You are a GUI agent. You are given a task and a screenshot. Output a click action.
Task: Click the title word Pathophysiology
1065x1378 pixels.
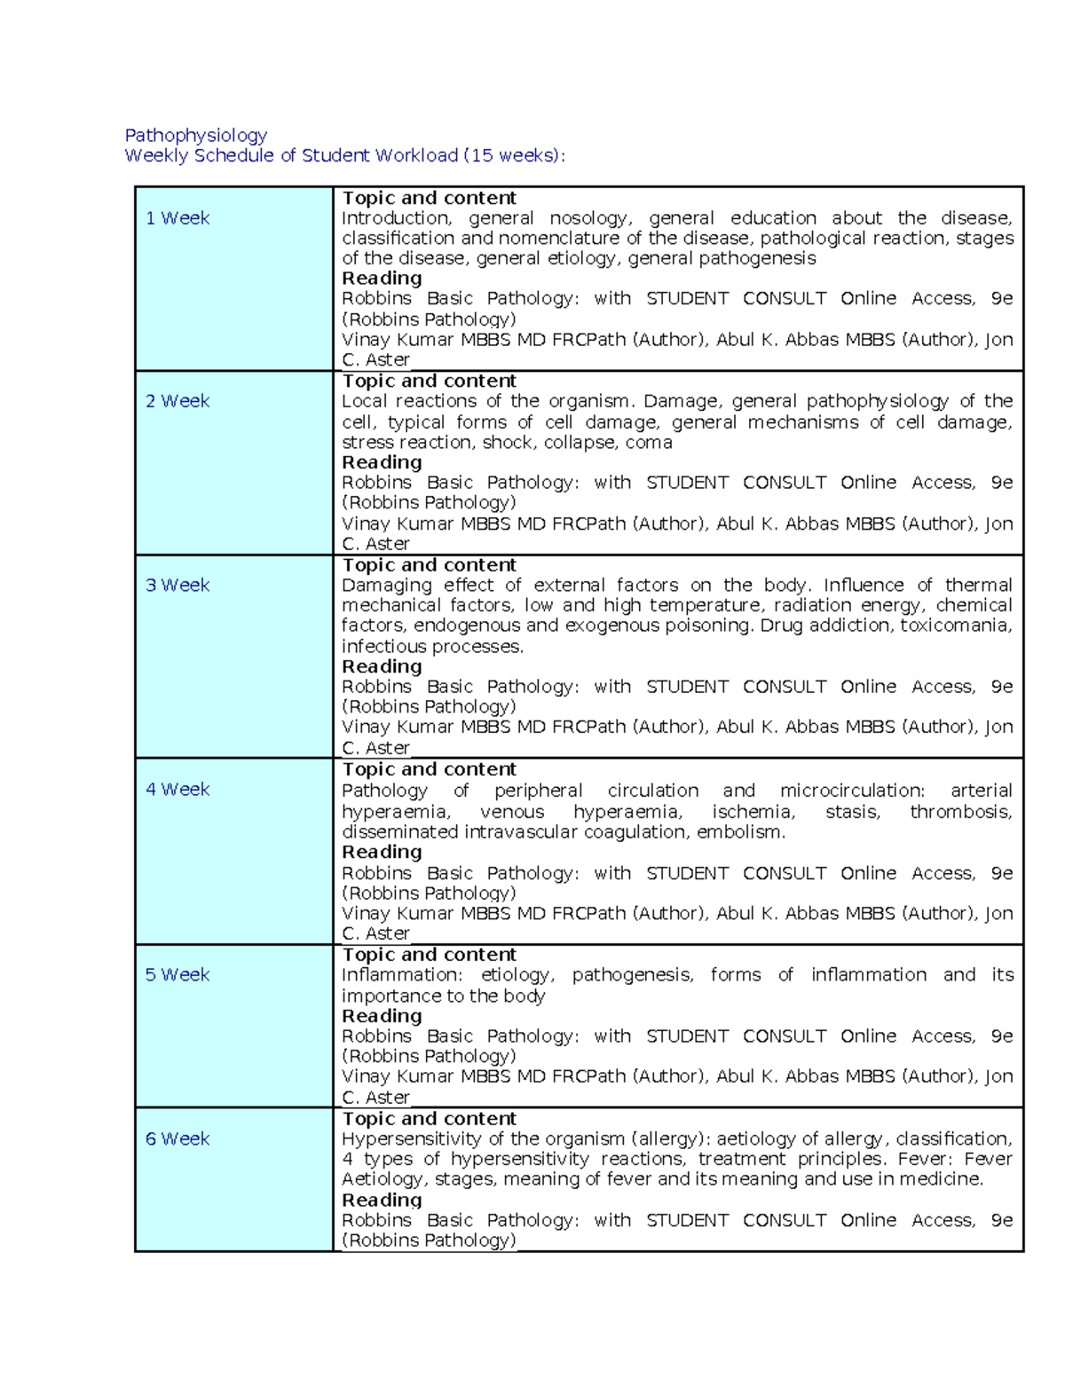point(195,135)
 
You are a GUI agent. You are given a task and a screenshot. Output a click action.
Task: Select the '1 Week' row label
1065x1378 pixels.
point(177,218)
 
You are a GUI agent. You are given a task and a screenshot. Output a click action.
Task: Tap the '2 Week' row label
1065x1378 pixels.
point(177,401)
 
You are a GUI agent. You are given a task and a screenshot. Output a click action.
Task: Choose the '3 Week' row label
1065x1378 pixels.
point(177,585)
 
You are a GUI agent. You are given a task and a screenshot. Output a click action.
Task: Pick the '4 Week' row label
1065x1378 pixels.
point(177,789)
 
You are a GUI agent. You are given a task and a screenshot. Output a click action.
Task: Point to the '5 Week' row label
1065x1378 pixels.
point(177,974)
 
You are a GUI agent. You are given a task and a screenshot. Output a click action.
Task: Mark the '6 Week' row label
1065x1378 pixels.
point(177,1138)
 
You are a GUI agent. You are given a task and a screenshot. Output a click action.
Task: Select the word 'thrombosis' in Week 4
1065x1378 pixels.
point(960,811)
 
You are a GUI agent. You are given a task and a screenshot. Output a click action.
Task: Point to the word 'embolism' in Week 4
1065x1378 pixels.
point(741,832)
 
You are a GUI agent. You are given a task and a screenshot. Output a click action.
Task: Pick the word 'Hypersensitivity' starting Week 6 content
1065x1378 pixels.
point(412,1138)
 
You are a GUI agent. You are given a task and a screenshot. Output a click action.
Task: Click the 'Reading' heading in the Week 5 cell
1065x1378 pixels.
point(382,1016)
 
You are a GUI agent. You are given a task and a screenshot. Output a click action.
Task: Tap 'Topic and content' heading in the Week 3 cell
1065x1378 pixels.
point(429,565)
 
